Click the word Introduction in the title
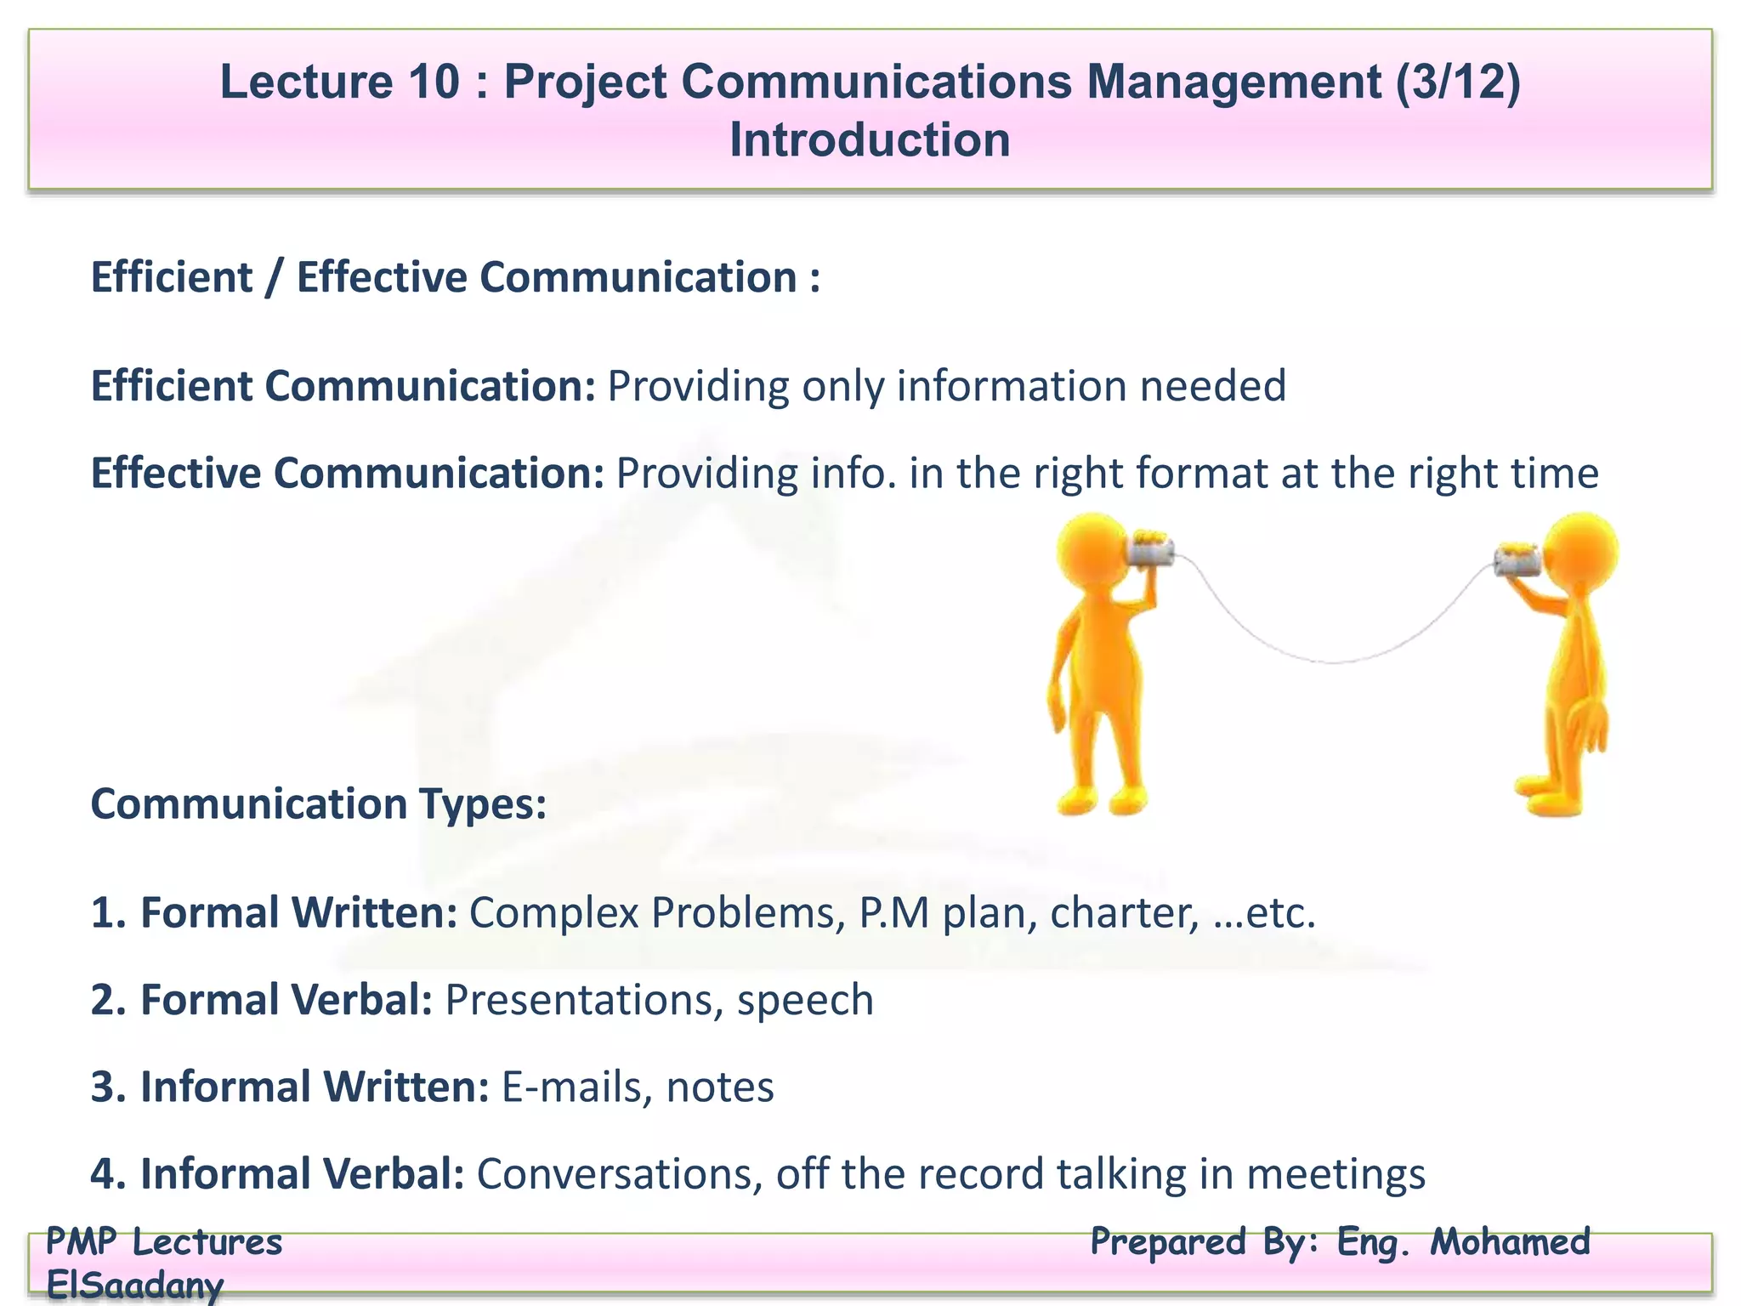point(870,140)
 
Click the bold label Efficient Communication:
point(343,386)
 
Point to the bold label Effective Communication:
point(347,474)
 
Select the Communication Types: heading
point(319,804)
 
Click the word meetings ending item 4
point(1336,1174)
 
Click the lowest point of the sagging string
point(1333,662)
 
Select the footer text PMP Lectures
point(163,1242)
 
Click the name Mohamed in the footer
point(1510,1242)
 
